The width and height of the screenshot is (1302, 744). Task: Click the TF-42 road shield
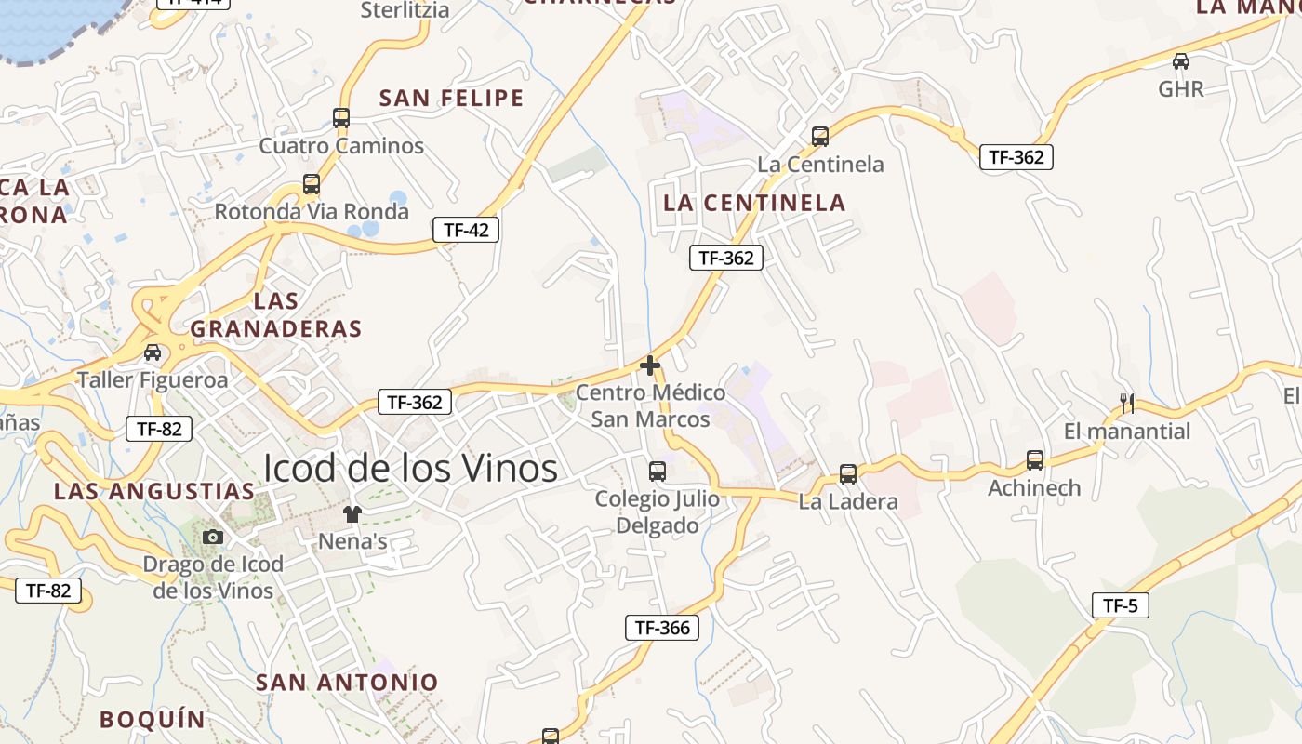466,230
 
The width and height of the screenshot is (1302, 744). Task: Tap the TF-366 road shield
662,628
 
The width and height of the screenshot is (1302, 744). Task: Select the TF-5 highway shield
1120,606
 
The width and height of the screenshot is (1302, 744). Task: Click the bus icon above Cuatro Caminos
341,118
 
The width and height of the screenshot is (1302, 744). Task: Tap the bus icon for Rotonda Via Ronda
312,184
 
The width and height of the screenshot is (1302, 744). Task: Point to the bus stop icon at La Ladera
848,474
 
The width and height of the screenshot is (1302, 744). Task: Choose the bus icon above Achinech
1035,460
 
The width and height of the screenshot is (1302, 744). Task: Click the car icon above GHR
1181,61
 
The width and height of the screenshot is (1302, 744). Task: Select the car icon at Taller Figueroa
153,352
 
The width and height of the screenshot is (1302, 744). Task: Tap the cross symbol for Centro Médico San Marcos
650,365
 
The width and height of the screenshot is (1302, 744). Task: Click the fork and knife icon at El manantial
1127,403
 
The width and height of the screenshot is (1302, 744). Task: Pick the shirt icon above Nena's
352,513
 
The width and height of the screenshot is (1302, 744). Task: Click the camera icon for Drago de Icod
213,537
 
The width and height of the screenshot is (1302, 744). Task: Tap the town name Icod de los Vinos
410,468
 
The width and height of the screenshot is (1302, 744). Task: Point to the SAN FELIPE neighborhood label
452,98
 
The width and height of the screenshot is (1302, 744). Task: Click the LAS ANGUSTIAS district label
154,491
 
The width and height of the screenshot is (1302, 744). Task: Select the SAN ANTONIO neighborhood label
347,682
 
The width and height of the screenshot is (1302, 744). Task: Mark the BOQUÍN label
152,719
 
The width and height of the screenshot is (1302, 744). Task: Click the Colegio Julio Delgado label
658,511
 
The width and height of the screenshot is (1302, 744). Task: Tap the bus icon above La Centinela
820,137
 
